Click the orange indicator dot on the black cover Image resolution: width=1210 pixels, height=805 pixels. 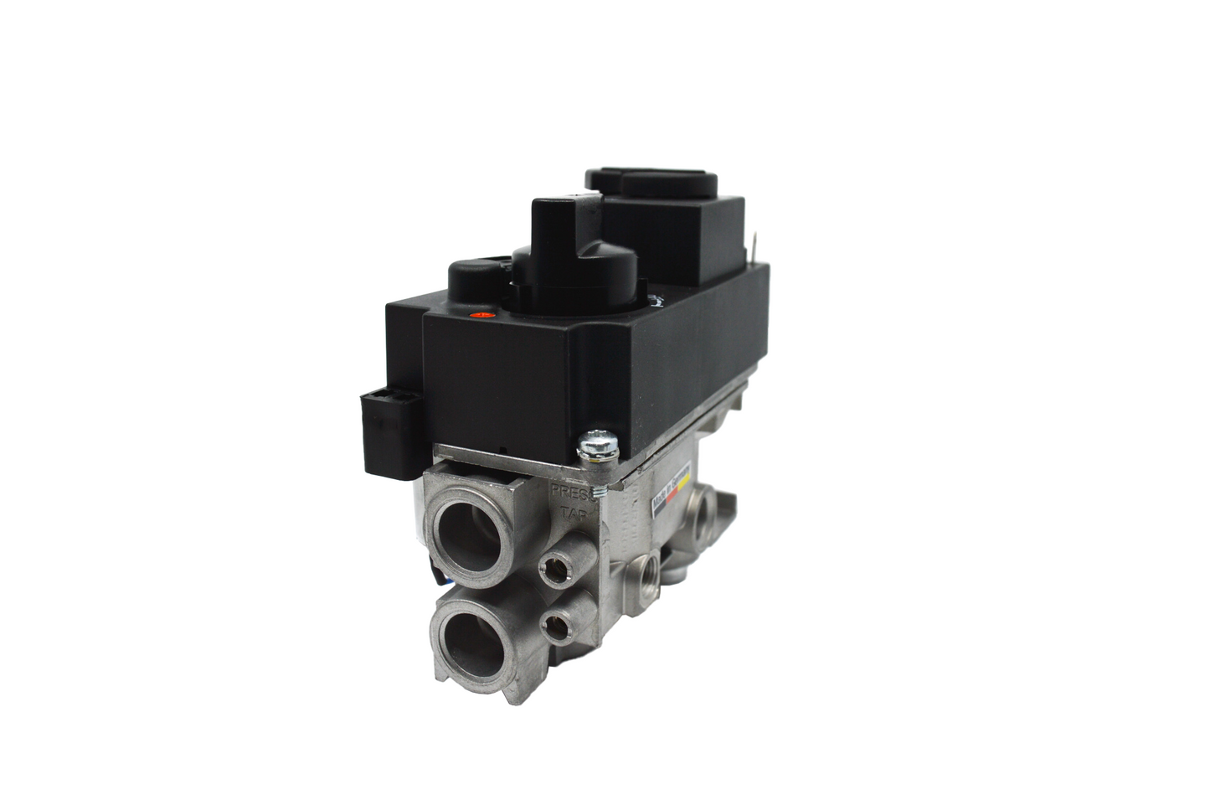pos(481,316)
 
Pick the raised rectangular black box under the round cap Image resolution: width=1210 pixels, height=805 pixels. pos(674,229)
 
